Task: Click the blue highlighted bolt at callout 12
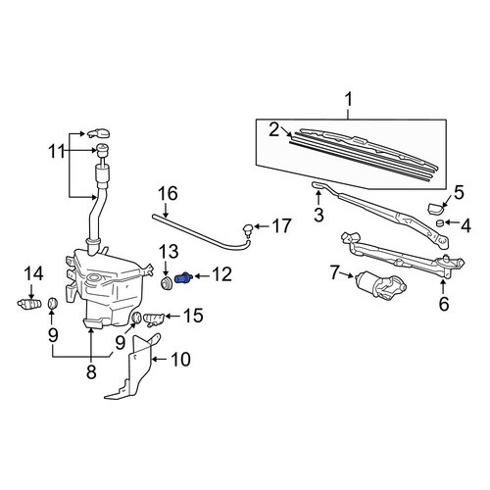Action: pyautogui.click(x=184, y=278)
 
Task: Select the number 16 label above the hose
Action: pyautogui.click(x=168, y=193)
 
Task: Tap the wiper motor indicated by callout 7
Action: pyautogui.click(x=380, y=285)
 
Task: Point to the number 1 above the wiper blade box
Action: pyautogui.click(x=349, y=100)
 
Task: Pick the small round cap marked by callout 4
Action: pyautogui.click(x=441, y=223)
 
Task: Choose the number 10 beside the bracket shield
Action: pyautogui.click(x=180, y=360)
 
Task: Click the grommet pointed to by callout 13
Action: pyautogui.click(x=167, y=283)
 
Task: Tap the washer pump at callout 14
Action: pyautogui.click(x=29, y=304)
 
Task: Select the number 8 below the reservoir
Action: pyautogui.click(x=91, y=371)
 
